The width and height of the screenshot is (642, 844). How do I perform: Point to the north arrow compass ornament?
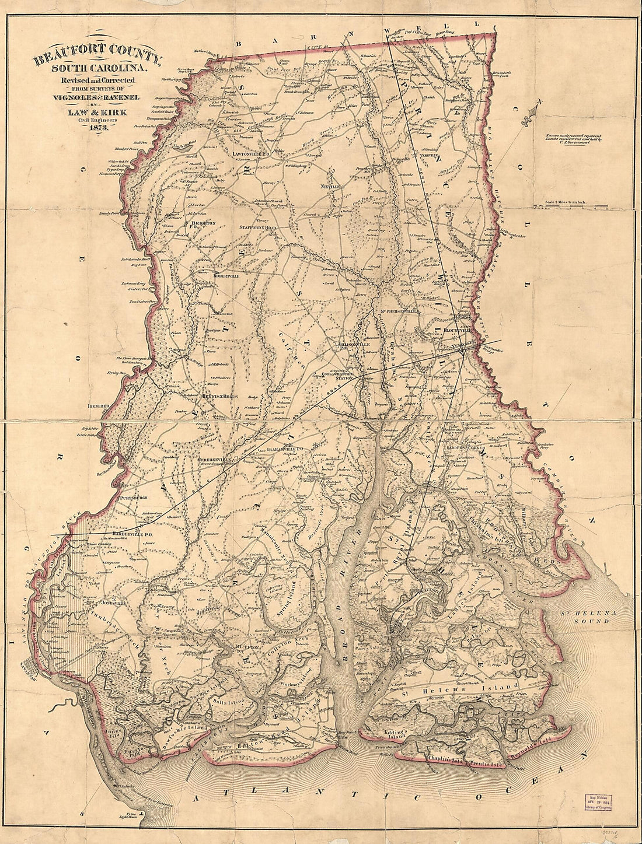click(533, 115)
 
